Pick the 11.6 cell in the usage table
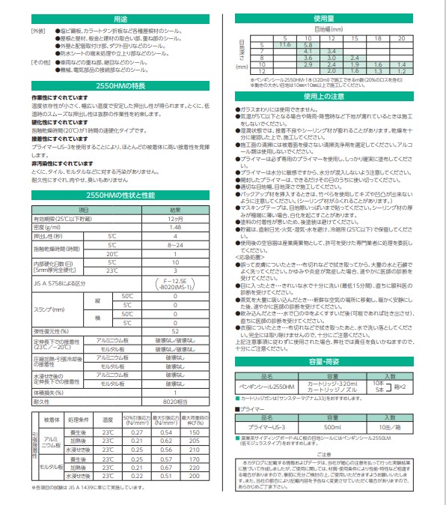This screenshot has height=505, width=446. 284,45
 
